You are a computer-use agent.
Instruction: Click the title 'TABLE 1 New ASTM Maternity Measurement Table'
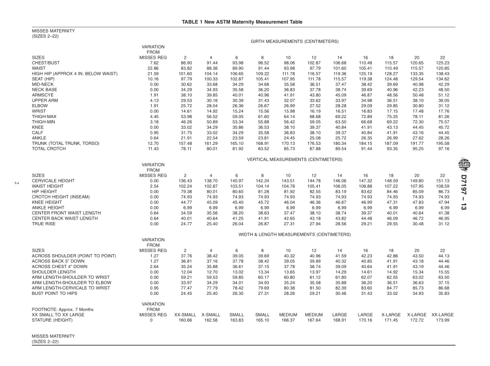pyautogui.click(x=244, y=21)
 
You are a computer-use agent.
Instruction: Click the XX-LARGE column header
pyautogui.click(x=442, y=314)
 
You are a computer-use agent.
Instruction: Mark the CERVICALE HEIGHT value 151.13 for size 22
pyautogui.click(x=442, y=181)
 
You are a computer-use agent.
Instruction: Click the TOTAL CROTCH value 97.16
pyautogui.click(x=442, y=148)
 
